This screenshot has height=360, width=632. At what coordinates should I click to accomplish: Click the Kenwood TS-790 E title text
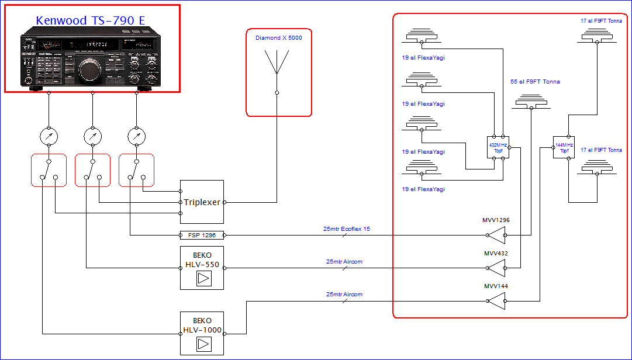pyautogui.click(x=91, y=20)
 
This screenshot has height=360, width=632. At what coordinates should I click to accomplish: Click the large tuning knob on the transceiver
pyautogui.click(x=90, y=70)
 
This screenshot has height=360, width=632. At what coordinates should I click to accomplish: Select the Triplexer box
pyautogui.click(x=202, y=202)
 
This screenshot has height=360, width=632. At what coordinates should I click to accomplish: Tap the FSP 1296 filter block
pyautogui.click(x=202, y=235)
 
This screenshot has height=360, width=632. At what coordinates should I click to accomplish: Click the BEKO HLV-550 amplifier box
pyautogui.click(x=202, y=268)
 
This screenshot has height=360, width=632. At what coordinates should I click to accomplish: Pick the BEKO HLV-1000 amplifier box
pyautogui.click(x=202, y=333)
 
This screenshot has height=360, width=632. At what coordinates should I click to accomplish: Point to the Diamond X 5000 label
pyautogui.click(x=278, y=38)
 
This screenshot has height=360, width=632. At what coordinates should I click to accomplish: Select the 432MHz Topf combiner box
pyautogui.click(x=498, y=147)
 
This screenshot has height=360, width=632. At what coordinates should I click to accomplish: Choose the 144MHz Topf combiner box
pyautogui.click(x=564, y=147)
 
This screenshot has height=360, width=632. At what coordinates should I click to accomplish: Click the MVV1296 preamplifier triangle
pyautogui.click(x=496, y=236)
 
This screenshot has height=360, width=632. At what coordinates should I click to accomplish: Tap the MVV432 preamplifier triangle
pyautogui.click(x=496, y=268)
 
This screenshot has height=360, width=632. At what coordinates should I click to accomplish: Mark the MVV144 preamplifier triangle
pyautogui.click(x=496, y=301)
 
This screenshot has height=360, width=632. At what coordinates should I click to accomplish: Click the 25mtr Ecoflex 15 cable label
pyautogui.click(x=346, y=229)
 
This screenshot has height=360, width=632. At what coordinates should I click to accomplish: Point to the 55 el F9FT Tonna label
pyautogui.click(x=535, y=82)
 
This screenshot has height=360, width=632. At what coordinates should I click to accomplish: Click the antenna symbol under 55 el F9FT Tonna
pyautogui.click(x=531, y=103)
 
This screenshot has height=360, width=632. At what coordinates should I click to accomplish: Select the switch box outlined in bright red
pyautogui.click(x=92, y=170)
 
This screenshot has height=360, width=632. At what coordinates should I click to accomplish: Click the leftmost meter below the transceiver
pyautogui.click(x=49, y=137)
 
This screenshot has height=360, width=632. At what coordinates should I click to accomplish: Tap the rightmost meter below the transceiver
pyautogui.click(x=136, y=137)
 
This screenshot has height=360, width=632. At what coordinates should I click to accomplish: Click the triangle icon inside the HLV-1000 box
pyautogui.click(x=202, y=344)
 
